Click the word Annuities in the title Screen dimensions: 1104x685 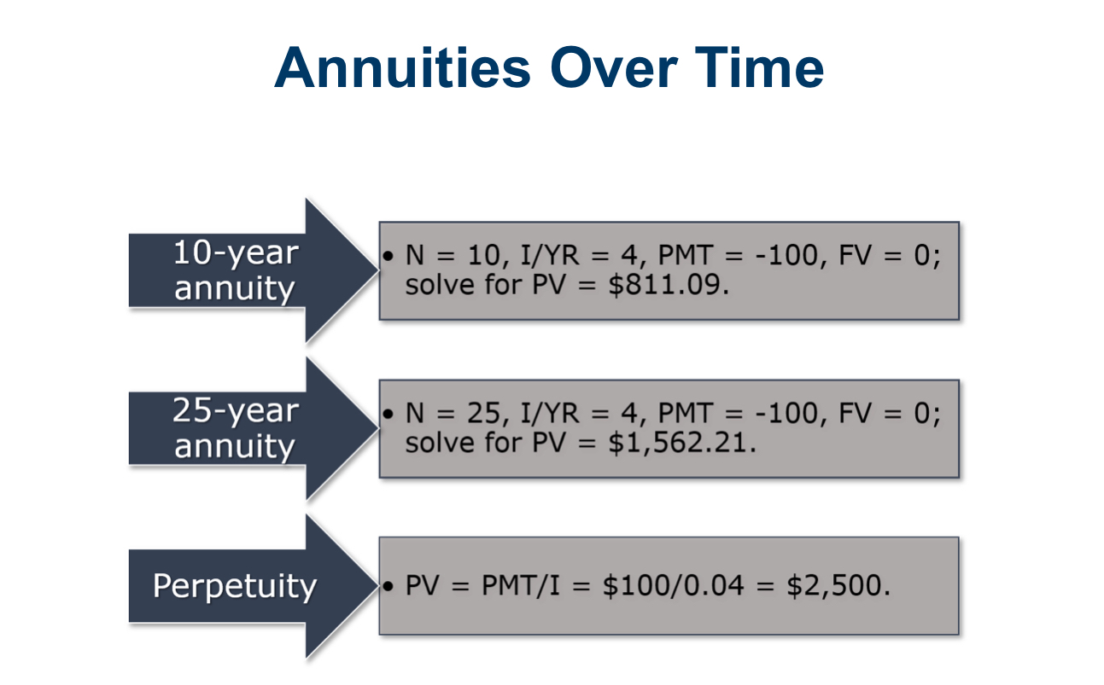point(402,67)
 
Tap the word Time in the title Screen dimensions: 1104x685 point(760,67)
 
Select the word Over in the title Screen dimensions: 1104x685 point(614,67)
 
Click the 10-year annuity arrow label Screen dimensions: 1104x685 point(236,270)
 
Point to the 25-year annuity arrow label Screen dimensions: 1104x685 point(236,428)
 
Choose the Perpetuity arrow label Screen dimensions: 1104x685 point(235,586)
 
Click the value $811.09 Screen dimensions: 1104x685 point(669,285)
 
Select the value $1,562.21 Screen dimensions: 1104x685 point(682,443)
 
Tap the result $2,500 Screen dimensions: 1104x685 point(838,586)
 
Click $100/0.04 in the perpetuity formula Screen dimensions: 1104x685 point(673,586)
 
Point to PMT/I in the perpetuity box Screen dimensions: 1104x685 point(521,585)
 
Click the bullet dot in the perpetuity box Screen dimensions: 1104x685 point(388,586)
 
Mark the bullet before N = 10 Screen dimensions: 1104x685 point(388,256)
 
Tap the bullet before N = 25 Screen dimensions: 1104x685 point(388,414)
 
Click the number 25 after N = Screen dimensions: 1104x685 point(486,413)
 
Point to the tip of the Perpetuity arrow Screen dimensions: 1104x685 point(378,585)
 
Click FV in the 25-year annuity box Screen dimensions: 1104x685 point(855,413)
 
